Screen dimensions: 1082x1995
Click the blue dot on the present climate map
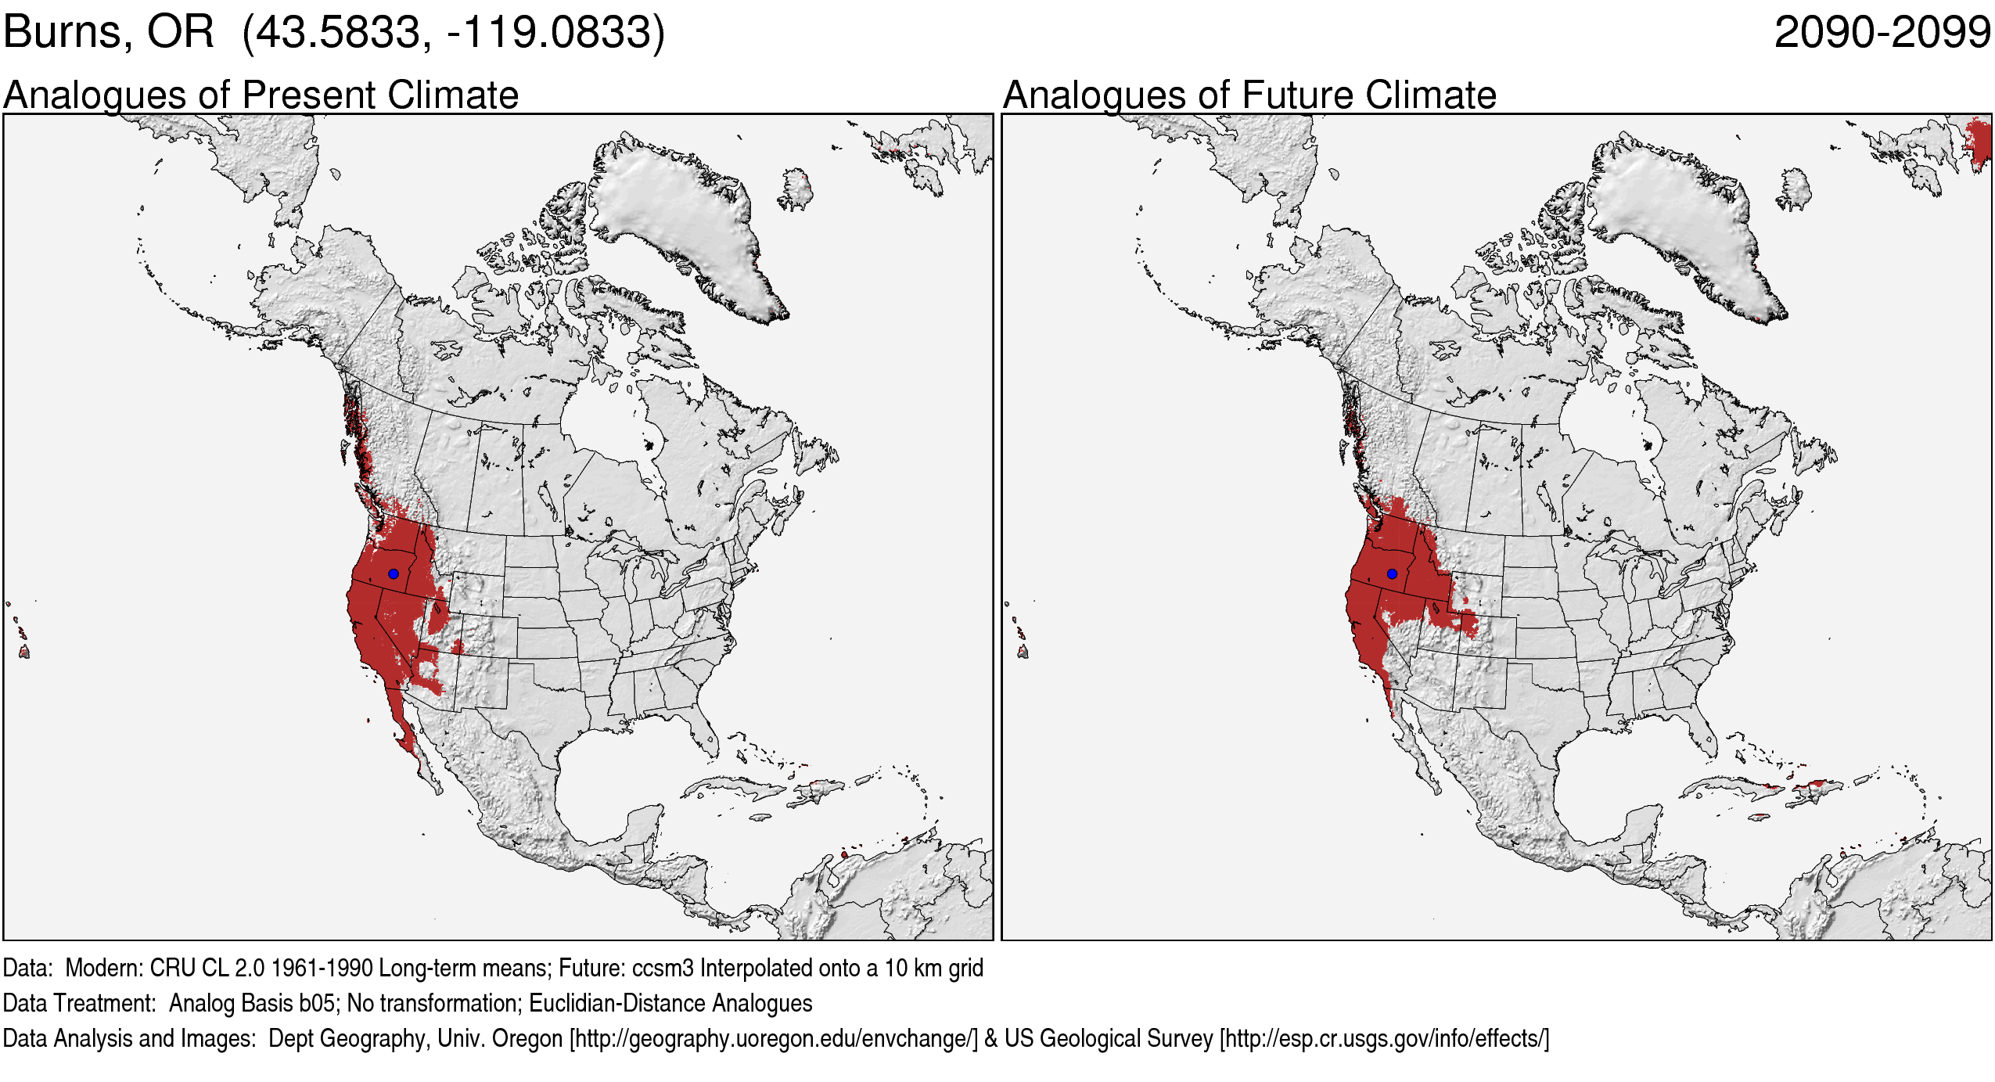point(394,573)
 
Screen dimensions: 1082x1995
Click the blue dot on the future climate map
point(1392,573)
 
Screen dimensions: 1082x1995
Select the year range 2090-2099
point(1882,33)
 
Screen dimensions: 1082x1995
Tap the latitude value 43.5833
point(338,33)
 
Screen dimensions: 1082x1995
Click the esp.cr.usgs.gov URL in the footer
point(1384,1038)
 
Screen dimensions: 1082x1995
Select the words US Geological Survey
point(1109,1038)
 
